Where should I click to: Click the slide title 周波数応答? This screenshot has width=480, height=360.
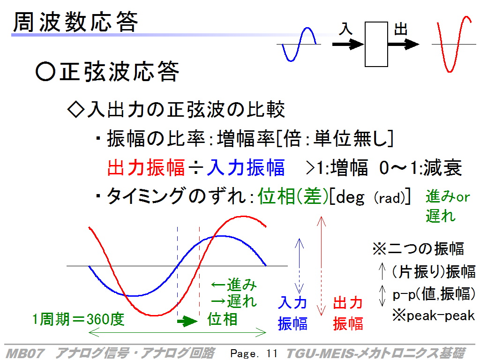tap(75, 22)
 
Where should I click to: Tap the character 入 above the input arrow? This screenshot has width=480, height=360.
tap(346, 29)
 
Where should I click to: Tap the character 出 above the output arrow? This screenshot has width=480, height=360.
tap(401, 30)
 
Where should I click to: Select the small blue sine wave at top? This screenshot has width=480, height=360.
tap(299, 45)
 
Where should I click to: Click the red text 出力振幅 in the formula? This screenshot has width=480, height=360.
tap(146, 167)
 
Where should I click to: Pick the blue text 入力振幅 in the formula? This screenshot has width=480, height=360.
tap(246, 167)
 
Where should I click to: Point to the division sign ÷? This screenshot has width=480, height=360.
tap(196, 168)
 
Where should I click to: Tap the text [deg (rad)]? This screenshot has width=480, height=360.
tap(370, 196)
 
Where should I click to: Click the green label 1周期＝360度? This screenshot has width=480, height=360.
tap(78, 319)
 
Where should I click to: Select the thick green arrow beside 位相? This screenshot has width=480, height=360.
tap(187, 321)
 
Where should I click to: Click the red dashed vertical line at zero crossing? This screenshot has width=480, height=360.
tap(200, 271)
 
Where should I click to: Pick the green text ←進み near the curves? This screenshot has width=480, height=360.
tap(234, 285)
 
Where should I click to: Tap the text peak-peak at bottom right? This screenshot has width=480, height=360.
tap(441, 315)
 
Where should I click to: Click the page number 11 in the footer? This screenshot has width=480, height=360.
tap(271, 353)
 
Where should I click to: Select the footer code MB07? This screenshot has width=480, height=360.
tap(25, 353)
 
